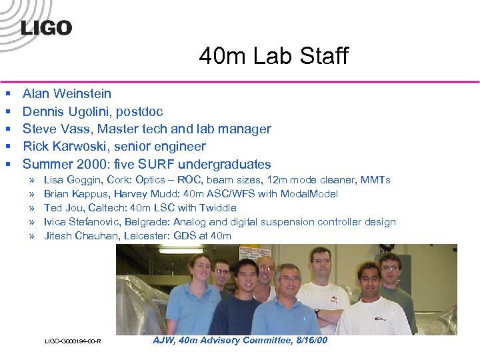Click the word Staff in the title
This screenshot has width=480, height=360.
point(323,57)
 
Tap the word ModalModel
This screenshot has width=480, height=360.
point(310,194)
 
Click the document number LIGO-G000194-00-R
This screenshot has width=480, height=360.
point(73,341)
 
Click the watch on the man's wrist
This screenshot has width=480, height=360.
point(317,311)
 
